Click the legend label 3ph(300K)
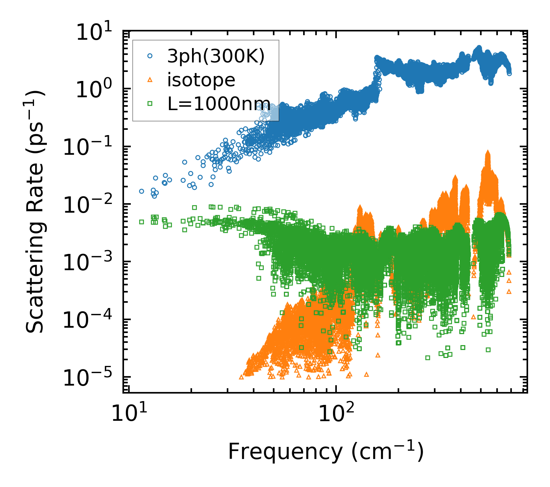coord(216,56)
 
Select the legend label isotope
coord(201,80)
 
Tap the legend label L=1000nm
coord(218,103)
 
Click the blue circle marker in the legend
coord(150,56)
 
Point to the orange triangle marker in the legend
coord(150,79)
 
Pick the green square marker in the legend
coord(150,103)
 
